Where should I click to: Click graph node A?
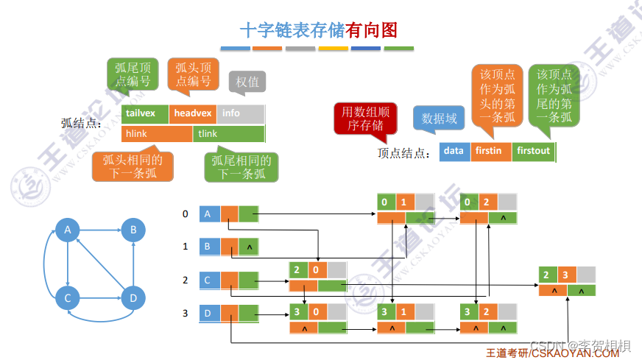pyautogui.click(x=67, y=230)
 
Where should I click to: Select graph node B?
pyautogui.click(x=133, y=230)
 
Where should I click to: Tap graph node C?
pyautogui.click(x=67, y=297)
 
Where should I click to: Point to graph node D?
pyautogui.click(x=133, y=297)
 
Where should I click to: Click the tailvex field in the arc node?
pyautogui.click(x=145, y=113)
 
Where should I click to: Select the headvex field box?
pyautogui.click(x=193, y=113)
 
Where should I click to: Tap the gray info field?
pyautogui.click(x=240, y=113)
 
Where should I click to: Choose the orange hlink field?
pyautogui.click(x=157, y=134)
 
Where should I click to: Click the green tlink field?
pyautogui.click(x=229, y=134)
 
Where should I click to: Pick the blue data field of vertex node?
pyautogui.click(x=454, y=151)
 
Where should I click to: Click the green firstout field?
pyautogui.click(x=534, y=151)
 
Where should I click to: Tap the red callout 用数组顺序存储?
pyautogui.click(x=361, y=118)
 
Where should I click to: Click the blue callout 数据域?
pyautogui.click(x=439, y=119)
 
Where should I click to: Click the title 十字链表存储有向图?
pyautogui.click(x=319, y=29)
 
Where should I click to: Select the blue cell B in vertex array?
pyautogui.click(x=210, y=246)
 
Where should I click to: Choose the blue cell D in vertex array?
pyautogui.click(x=210, y=314)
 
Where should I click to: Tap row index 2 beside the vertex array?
pyautogui.click(x=186, y=280)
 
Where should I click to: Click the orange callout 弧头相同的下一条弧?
pyautogui.click(x=133, y=166)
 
